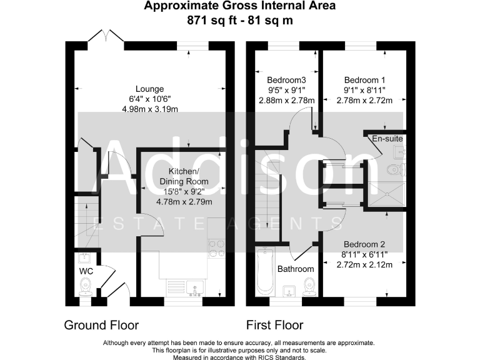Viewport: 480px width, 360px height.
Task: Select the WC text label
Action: [x=85, y=272]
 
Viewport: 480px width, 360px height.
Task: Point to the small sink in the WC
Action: [x=84, y=257]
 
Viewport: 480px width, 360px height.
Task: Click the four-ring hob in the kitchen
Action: [x=216, y=249]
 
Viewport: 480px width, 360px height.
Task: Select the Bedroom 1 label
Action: [x=365, y=80]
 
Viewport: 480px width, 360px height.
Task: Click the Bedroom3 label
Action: [x=286, y=80]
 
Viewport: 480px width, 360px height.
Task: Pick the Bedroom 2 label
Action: [x=365, y=244]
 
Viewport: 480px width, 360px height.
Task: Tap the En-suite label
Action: [x=387, y=138]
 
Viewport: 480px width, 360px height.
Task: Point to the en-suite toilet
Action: [x=396, y=169]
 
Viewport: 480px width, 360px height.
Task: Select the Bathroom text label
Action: [x=296, y=269]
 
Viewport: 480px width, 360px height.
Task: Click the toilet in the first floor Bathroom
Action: [x=307, y=287]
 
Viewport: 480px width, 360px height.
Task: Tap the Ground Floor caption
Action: [x=101, y=325]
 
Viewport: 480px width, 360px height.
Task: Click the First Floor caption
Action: [x=275, y=325]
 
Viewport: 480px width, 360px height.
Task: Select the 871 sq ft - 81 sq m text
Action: [x=240, y=20]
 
